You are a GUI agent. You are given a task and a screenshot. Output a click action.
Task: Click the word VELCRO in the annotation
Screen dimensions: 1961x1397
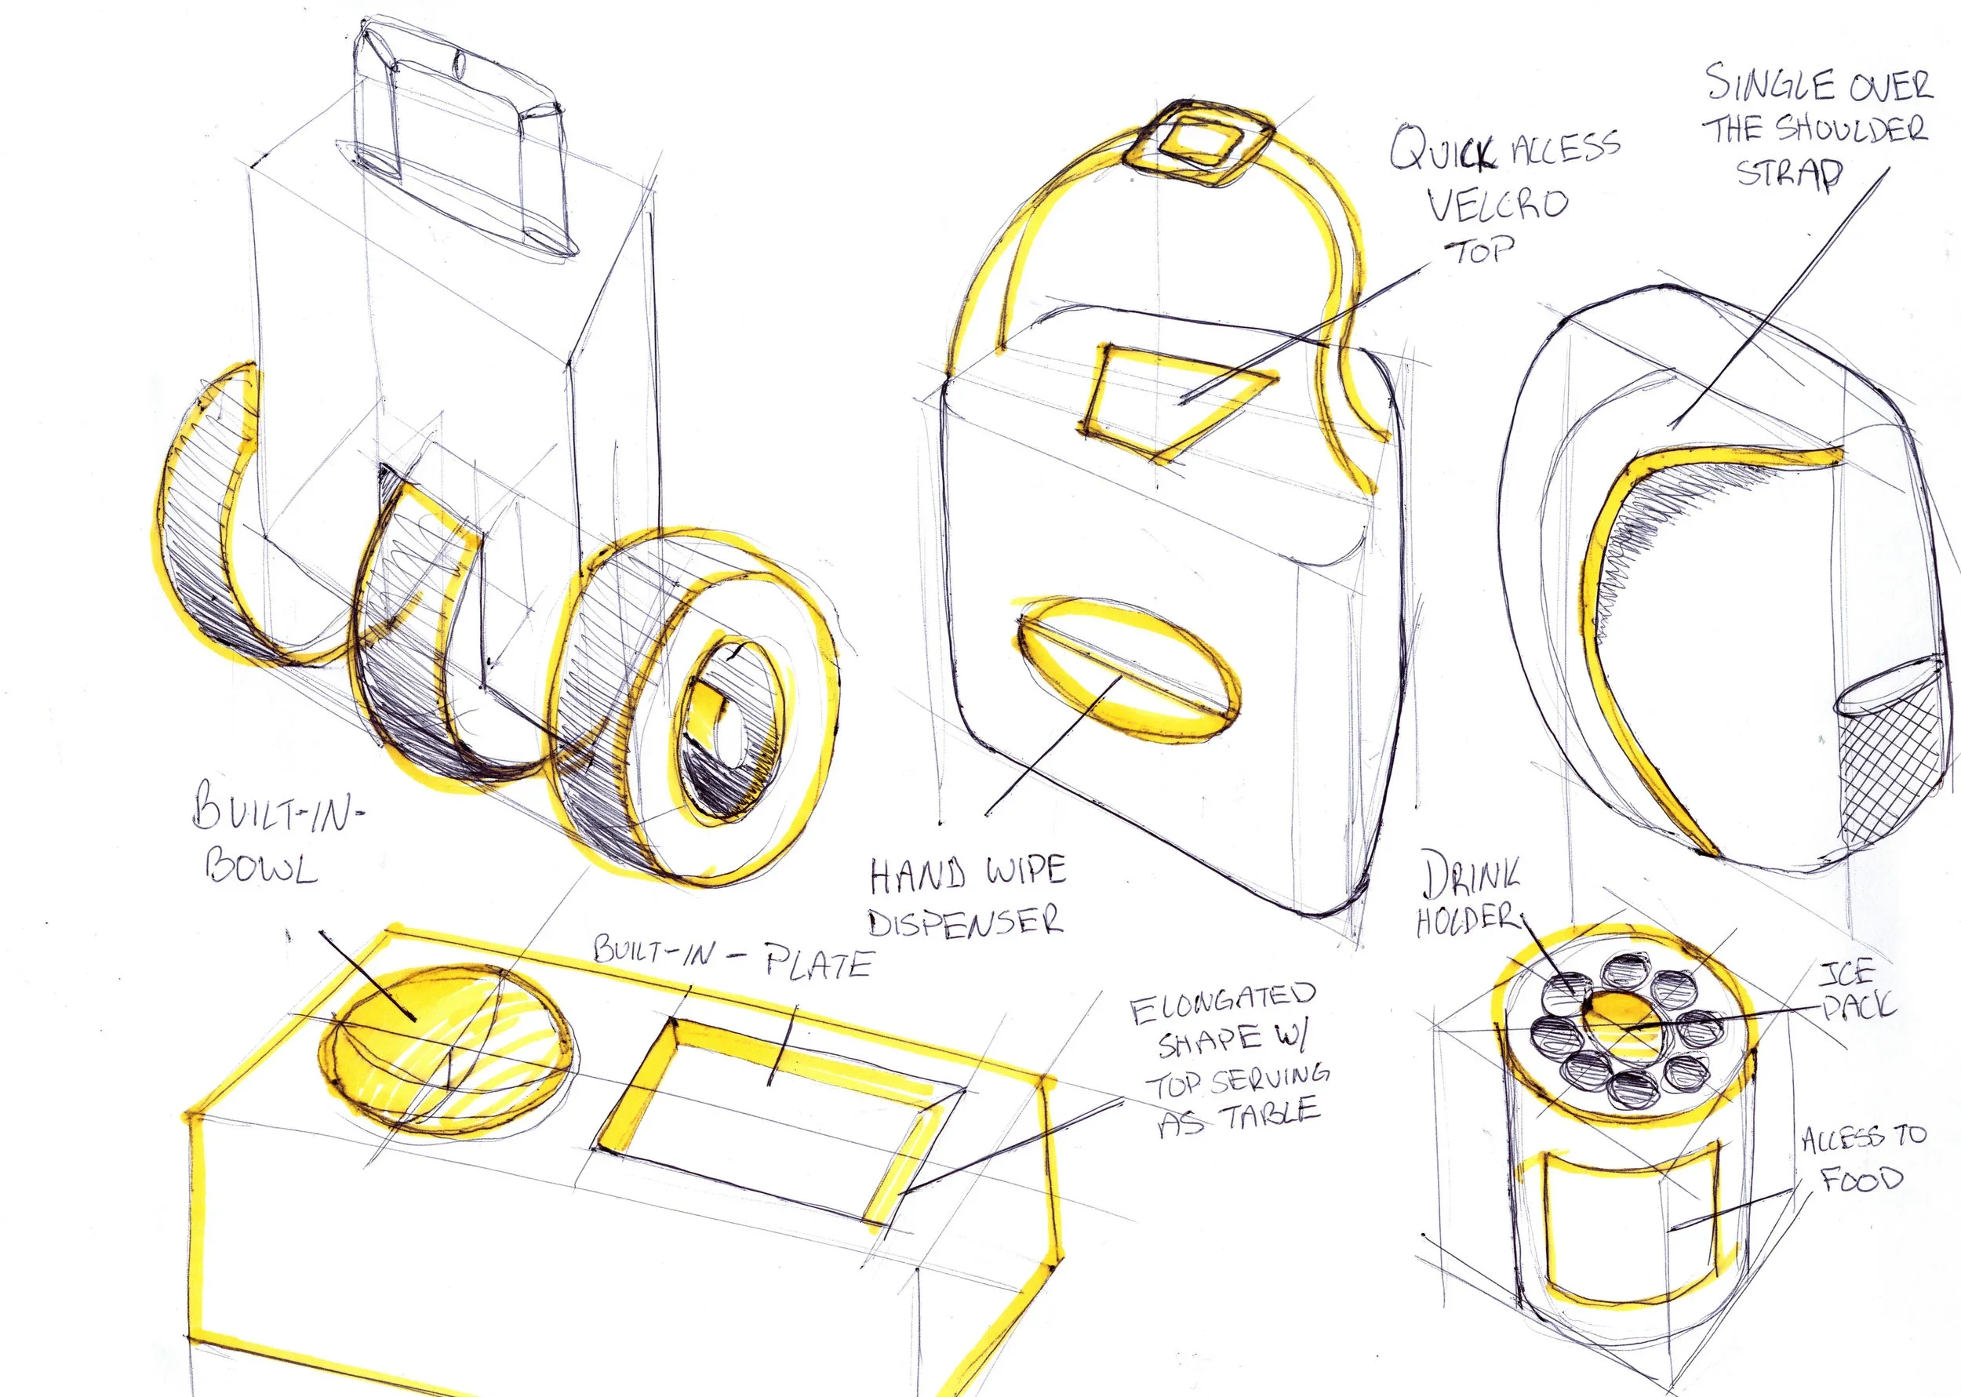pos(1497,205)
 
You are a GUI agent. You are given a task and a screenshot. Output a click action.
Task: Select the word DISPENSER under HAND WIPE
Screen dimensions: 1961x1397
pos(966,922)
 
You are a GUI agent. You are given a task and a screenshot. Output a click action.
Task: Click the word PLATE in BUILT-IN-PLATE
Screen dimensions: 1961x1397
pos(818,963)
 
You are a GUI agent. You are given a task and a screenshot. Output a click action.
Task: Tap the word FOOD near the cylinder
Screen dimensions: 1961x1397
pos(1861,1178)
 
